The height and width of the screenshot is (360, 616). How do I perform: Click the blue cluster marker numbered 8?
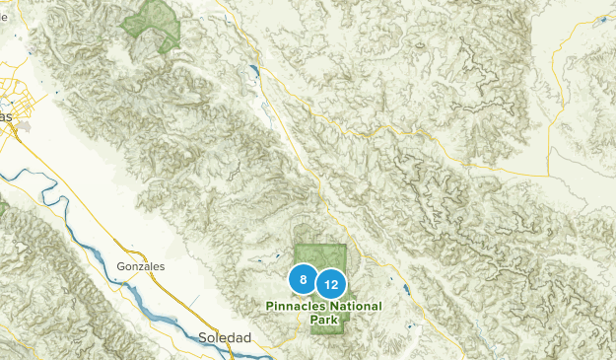point(304,280)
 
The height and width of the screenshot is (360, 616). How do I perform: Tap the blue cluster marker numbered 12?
point(332,285)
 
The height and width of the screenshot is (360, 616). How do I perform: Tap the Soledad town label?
point(225,337)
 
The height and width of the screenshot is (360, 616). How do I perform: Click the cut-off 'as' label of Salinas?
point(7,116)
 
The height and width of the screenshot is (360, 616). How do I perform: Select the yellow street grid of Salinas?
point(14,94)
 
